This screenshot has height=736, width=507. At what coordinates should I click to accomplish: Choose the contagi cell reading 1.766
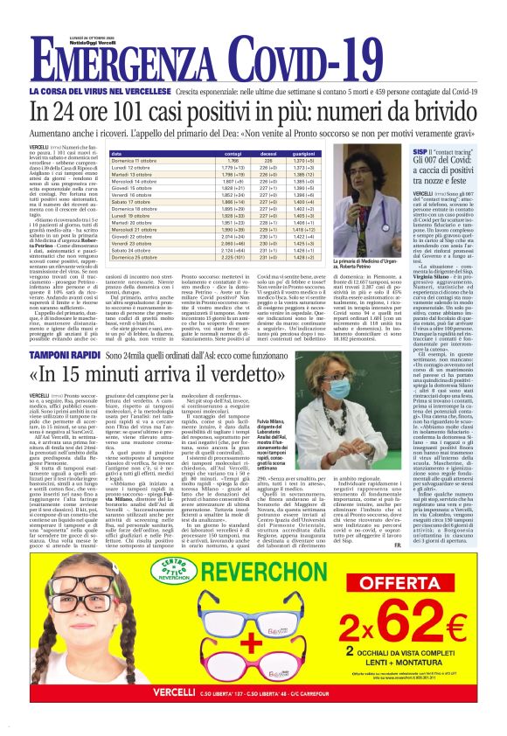pos(233,161)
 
